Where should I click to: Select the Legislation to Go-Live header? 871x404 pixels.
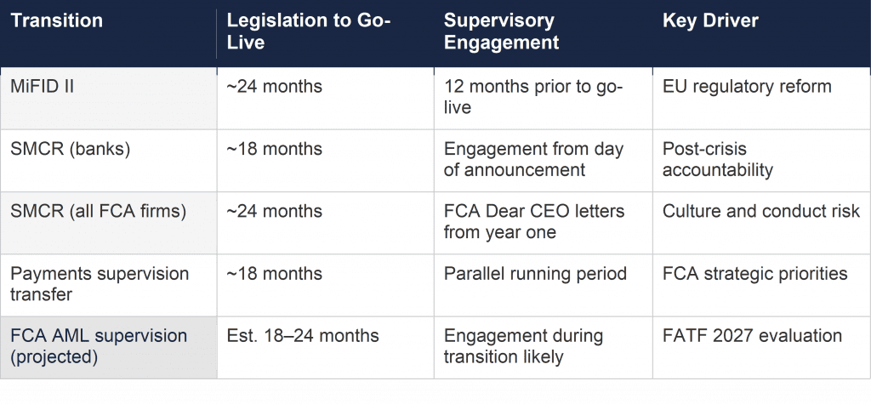pos(309,31)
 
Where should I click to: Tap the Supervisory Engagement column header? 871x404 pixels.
pos(500,31)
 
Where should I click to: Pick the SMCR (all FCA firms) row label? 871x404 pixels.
pos(97,212)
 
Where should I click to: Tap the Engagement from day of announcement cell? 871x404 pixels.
pos(533,160)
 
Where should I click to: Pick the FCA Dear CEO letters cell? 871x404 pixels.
pos(533,222)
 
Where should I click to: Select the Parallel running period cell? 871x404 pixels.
pos(535,274)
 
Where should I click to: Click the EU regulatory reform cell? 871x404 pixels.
pos(747,87)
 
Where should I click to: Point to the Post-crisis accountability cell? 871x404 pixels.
pos(718,160)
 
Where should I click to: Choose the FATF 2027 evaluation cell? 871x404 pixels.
pos(752,336)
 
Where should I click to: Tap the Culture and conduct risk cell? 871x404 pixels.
pos(761,212)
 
